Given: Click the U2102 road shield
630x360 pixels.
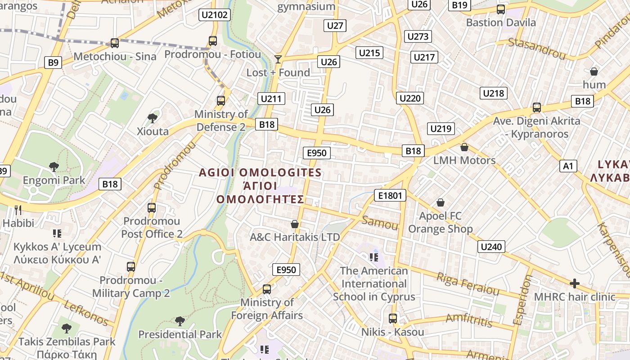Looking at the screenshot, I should click(215, 15).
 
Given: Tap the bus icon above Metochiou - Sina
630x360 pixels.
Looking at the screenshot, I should click(115, 43).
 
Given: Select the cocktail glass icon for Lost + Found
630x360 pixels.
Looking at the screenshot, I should click(278, 59).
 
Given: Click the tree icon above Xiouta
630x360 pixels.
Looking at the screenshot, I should click(153, 118).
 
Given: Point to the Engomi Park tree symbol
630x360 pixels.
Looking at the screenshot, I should click(54, 167).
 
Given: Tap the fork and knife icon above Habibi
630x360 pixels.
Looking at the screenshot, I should click(18, 210).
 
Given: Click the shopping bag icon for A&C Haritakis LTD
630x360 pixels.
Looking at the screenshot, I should click(295, 224).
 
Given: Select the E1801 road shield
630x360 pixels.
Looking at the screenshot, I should click(390, 195).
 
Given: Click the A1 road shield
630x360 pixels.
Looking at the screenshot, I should click(568, 166).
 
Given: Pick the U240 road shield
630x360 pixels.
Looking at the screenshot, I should click(491, 247).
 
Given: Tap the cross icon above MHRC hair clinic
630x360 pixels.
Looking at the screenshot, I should click(574, 283).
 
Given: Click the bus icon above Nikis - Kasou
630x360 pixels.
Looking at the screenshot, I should click(393, 319).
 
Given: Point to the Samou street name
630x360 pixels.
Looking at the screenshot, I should click(380, 222).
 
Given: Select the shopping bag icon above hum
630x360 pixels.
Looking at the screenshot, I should click(594, 72).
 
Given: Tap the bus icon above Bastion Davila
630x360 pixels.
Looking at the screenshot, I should click(500, 9).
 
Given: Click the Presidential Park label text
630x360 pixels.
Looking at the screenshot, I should click(180, 334).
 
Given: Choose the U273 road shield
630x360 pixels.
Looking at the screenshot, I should click(418, 36).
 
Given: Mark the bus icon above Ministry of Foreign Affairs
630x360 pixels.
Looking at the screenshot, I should click(267, 289).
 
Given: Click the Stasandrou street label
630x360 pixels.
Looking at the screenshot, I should click(536, 49).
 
